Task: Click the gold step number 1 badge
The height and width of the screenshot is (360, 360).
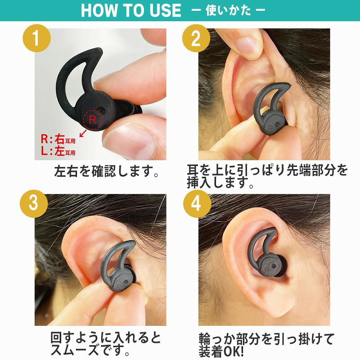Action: [x=36, y=38]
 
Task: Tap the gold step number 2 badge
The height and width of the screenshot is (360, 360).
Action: [x=196, y=38]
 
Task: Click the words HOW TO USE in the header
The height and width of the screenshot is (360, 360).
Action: [x=131, y=10]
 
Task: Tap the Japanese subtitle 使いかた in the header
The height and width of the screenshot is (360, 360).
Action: [x=228, y=10]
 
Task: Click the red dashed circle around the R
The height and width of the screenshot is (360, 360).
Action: [x=93, y=120]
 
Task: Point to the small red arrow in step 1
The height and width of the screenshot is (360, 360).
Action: [x=83, y=133]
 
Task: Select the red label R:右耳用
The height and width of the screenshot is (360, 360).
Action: [x=58, y=139]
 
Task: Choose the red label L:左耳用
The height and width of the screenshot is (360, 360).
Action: [x=58, y=151]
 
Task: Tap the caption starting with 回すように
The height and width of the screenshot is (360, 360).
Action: [x=106, y=344]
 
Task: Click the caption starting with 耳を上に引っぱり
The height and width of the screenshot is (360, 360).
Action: [x=267, y=176]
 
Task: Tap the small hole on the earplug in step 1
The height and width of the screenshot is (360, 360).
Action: [x=100, y=110]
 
